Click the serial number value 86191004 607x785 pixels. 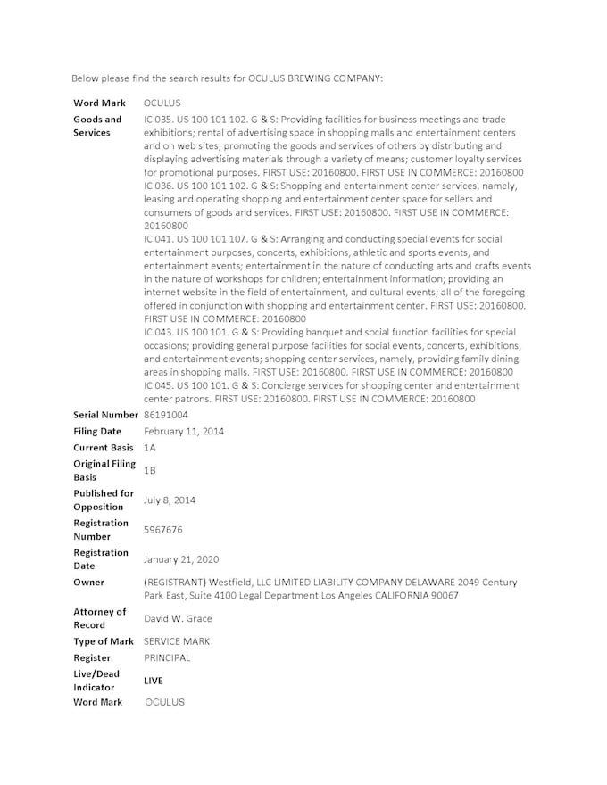coord(166,415)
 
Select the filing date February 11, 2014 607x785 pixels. coord(184,431)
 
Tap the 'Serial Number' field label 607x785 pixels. coord(106,415)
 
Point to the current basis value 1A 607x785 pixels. coord(150,447)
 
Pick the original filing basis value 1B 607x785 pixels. coord(150,470)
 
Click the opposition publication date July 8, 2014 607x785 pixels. coord(170,500)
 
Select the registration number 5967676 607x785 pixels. coord(163,529)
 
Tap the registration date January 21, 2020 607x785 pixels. coord(181,559)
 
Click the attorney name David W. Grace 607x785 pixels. coord(178,618)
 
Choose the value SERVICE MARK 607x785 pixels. coord(177,641)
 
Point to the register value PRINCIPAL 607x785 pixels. coord(167,657)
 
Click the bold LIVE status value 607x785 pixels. coord(154,681)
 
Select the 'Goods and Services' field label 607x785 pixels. coord(97,126)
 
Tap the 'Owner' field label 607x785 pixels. coord(88,583)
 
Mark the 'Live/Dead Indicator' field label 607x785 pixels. coord(96,681)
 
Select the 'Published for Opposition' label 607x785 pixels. coord(104,500)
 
